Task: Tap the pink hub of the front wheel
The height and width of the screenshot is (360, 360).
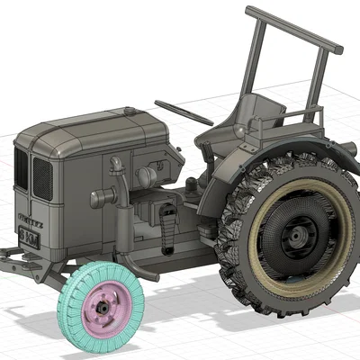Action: [104, 305]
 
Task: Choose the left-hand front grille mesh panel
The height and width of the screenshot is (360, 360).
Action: [21, 169]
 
